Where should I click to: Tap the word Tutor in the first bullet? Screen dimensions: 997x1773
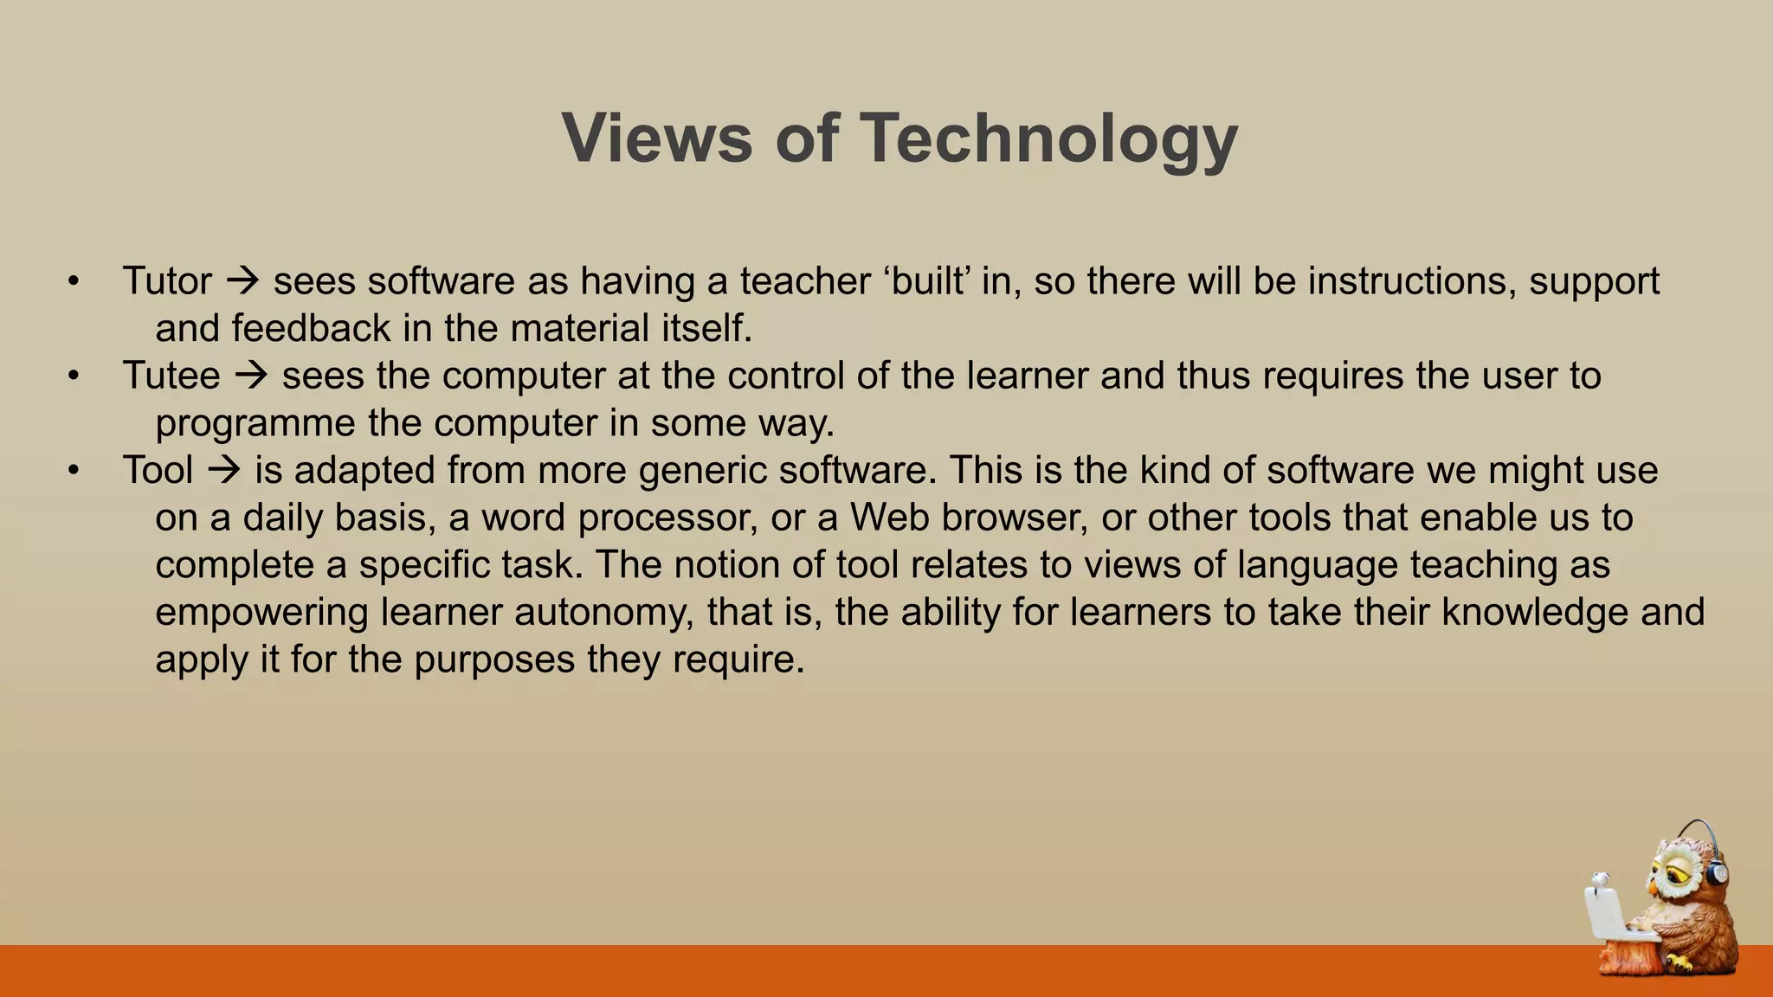(166, 281)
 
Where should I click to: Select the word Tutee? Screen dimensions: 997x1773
(171, 376)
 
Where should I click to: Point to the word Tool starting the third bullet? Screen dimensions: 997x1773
(158, 471)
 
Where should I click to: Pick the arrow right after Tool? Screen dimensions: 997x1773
(224, 471)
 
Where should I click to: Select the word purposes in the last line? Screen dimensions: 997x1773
(494, 659)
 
